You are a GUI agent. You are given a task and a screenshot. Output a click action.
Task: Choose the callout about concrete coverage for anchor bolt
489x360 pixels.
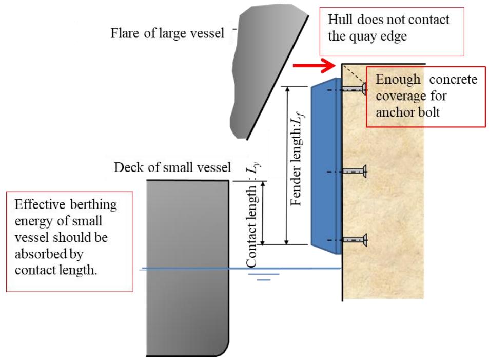click(425, 96)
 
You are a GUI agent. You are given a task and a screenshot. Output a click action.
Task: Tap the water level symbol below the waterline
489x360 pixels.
click(263, 277)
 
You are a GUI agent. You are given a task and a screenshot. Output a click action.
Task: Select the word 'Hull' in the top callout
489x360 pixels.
click(339, 20)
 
